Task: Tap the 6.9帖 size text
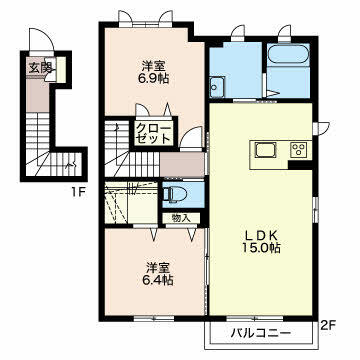tap(154, 79)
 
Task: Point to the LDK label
tap(262, 235)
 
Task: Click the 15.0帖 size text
tap(262, 248)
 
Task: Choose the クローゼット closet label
tap(154, 133)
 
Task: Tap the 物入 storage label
tap(181, 218)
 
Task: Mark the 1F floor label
tap(78, 192)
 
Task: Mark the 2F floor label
tap(328, 325)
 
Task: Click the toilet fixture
tap(173, 194)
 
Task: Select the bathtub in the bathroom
tap(288, 54)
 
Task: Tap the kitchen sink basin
tap(266, 150)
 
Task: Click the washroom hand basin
tap(217, 87)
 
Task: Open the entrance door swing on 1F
tap(41, 40)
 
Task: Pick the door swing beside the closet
tap(191, 137)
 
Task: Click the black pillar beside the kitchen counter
tap(300, 165)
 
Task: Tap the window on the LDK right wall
tap(315, 208)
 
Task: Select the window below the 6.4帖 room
tap(154, 319)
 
